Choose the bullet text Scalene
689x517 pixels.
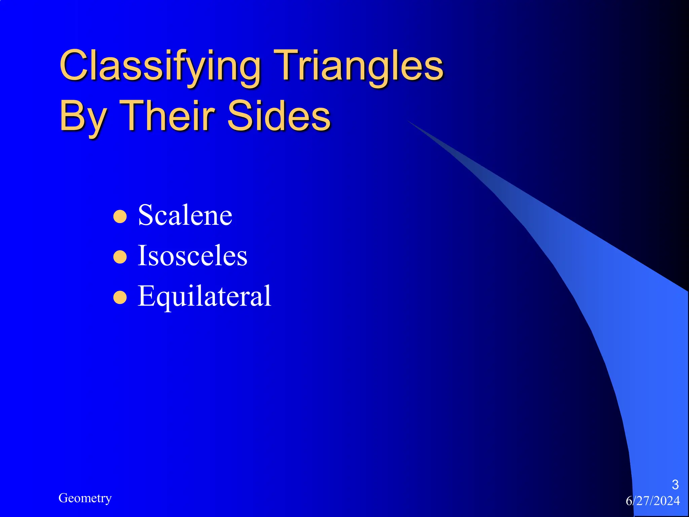point(185,215)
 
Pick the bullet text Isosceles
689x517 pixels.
point(192,255)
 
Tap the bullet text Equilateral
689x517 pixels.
point(204,296)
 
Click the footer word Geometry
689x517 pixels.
point(85,498)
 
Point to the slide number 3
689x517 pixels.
point(675,485)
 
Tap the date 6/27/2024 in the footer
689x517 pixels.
point(653,501)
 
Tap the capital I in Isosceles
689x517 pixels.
point(142,255)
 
